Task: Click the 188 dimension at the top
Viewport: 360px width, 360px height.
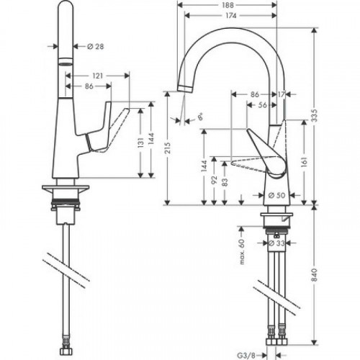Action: click(228, 4)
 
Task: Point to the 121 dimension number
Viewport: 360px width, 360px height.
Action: click(96, 74)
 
